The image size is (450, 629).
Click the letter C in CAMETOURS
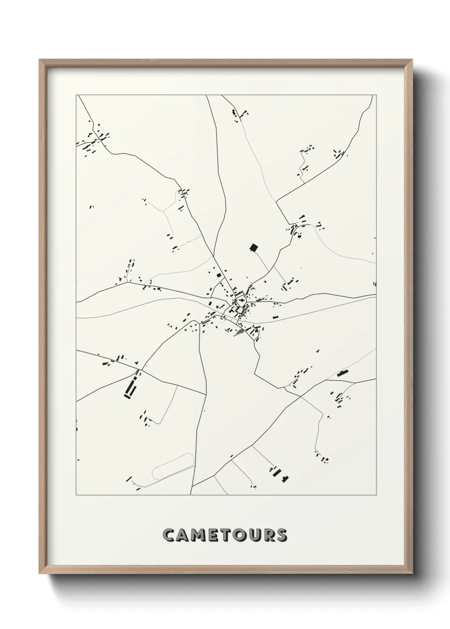click(169, 535)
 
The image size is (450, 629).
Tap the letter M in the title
click(200, 535)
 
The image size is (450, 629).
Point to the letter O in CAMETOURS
click(241, 535)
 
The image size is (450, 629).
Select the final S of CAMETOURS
click(281, 535)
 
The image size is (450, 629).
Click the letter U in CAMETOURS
click(255, 535)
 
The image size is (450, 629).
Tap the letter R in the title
click(268, 535)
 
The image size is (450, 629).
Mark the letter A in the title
click(184, 535)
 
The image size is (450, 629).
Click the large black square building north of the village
click(254, 247)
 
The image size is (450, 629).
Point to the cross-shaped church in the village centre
click(241, 302)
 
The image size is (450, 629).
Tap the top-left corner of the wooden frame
click(40, 59)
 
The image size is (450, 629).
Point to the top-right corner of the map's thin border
click(376, 95)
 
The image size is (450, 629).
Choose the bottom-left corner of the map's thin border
click(76, 495)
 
